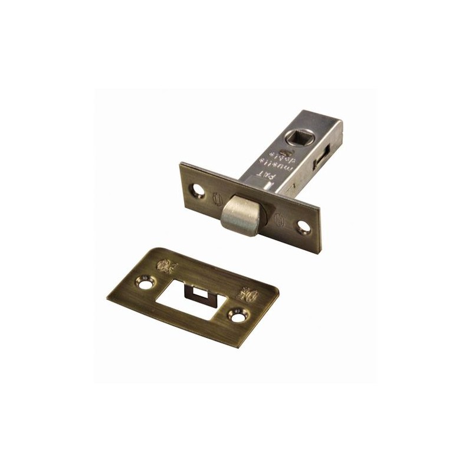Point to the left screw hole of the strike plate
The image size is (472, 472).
[144, 283]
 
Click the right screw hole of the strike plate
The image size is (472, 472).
[237, 317]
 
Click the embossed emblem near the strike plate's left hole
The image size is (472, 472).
[166, 265]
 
